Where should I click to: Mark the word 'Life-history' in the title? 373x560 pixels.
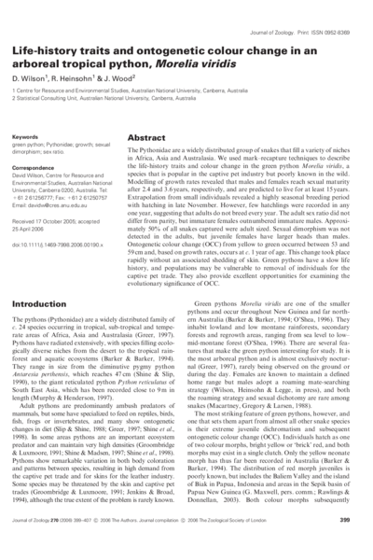click(49, 49)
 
